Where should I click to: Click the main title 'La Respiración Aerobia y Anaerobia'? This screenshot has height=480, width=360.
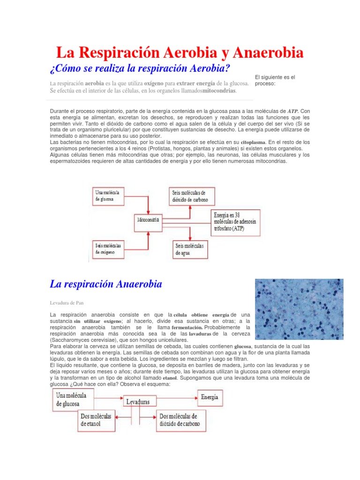point(180,52)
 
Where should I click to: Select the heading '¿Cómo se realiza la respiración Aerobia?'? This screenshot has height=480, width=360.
point(140,68)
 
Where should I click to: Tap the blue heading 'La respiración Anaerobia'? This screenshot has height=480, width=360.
point(105,284)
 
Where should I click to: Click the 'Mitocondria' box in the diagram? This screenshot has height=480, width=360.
point(148,219)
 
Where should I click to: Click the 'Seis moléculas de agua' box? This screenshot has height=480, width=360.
point(189,248)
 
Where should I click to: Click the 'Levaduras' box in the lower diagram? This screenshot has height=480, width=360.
point(138,402)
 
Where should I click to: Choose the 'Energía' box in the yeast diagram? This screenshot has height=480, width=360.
point(209,397)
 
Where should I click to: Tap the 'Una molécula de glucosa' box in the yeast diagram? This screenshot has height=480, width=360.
point(77,399)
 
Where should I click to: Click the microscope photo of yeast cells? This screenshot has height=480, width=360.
point(299,309)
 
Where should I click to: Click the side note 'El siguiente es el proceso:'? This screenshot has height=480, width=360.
point(274,80)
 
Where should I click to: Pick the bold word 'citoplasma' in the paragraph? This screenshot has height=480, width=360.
point(253,142)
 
